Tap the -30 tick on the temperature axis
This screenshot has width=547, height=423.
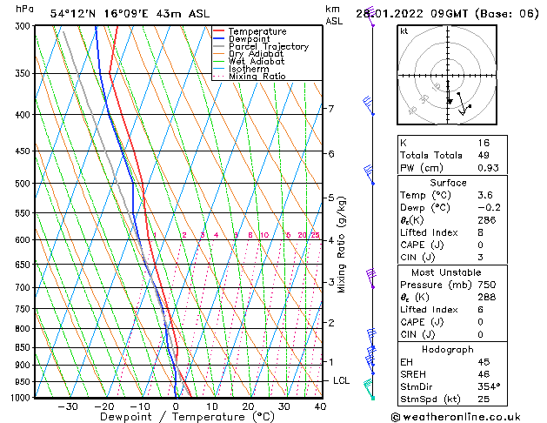67,406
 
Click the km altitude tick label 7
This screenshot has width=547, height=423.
330,109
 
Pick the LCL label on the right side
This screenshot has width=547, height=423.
342,381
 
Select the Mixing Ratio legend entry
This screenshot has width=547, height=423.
257,77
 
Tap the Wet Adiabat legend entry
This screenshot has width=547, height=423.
256,62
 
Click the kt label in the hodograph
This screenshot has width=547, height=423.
404,30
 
